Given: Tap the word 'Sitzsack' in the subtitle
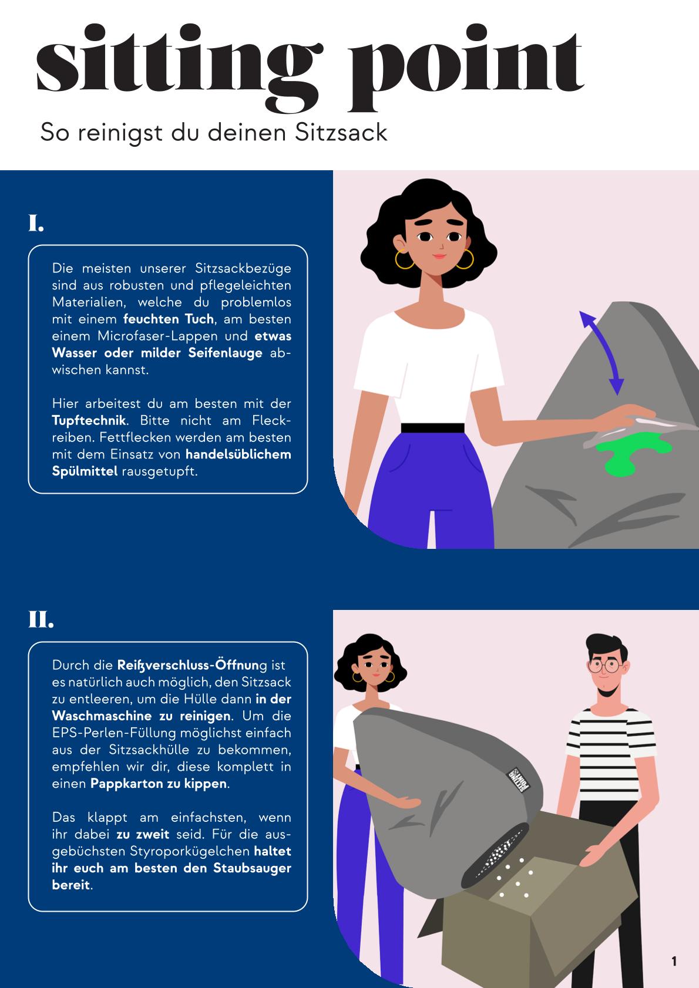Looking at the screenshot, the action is tap(341, 132).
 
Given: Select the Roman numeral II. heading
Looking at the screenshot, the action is tap(41, 620).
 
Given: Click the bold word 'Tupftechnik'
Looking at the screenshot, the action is tap(89, 420).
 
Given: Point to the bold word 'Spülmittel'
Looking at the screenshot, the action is tap(85, 471).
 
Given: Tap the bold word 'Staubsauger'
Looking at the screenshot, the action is tap(252, 868).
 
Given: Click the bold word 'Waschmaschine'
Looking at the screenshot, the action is tap(102, 716).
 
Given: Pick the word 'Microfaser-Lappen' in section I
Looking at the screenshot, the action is tap(159, 336).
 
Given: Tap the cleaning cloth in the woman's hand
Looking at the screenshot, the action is tap(640, 428).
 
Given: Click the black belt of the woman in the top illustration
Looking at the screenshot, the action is tap(432, 428).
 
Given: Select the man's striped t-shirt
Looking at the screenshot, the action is tap(611, 755).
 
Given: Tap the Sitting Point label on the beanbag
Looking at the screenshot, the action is tap(518, 780).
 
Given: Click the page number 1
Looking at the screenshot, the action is tap(674, 961).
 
